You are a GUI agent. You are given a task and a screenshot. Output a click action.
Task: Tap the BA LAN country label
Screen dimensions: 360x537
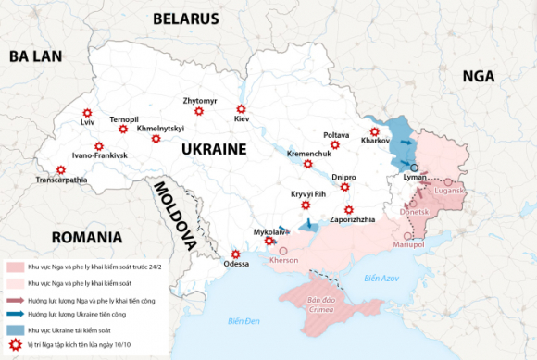click(x=35, y=56)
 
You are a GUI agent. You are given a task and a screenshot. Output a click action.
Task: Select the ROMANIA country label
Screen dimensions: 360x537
click(x=87, y=238)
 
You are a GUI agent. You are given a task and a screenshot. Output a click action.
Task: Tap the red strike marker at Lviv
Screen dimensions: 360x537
click(x=88, y=112)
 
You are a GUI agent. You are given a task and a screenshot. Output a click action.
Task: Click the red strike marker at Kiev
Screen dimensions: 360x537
click(x=241, y=108)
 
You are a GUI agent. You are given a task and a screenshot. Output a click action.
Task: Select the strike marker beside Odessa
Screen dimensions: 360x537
click(x=235, y=254)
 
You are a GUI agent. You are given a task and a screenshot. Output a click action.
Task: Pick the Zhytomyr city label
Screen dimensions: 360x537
click(x=200, y=100)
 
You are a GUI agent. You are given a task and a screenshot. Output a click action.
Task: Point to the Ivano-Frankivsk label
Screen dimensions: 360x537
click(x=99, y=155)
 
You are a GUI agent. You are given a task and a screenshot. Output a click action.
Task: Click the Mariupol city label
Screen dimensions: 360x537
click(x=408, y=244)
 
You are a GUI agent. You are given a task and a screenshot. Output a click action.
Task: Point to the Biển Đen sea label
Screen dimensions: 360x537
click(x=245, y=320)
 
